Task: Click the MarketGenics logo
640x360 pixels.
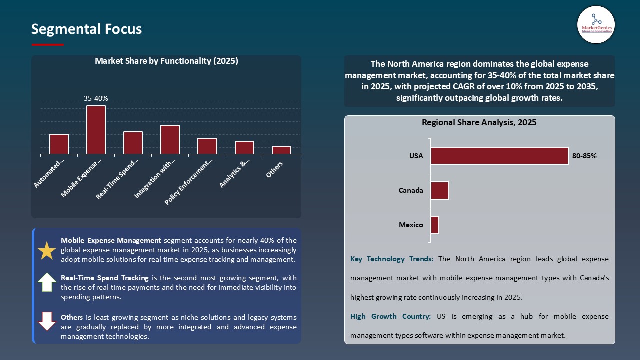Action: [596, 24]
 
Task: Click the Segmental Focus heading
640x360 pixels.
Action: [86, 29]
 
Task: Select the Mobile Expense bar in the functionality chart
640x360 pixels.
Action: [96, 130]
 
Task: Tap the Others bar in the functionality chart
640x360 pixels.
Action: [281, 150]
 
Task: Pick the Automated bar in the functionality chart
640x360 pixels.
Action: [59, 144]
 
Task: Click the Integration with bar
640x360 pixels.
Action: [170, 139]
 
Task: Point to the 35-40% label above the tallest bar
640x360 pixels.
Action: [96, 99]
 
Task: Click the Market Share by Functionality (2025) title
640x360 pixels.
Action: [166, 61]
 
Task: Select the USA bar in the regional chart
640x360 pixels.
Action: [499, 156]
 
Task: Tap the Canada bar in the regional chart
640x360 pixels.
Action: [440, 190]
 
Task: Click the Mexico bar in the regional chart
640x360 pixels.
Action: [435, 225]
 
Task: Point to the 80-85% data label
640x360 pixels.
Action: [584, 156]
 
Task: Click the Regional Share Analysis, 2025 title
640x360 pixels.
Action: [479, 122]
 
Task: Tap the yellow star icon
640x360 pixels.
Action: [47, 250]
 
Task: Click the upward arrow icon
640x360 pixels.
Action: [47, 283]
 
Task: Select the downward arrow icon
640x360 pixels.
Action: [47, 321]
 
